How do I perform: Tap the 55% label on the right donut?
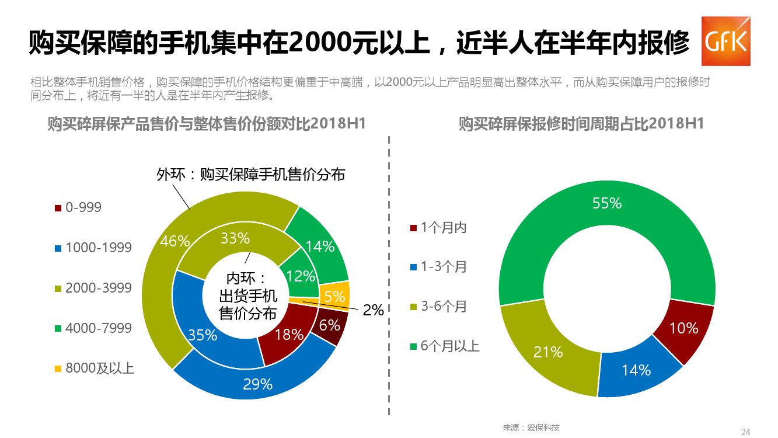point(607,203)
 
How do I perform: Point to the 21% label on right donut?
point(548,352)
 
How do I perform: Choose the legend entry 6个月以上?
point(444,346)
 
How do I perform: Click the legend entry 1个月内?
point(438,228)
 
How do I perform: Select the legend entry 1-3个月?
point(438,267)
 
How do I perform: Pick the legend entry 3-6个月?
point(438,307)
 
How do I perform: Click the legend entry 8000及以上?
point(94,368)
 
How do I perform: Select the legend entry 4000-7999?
point(93,328)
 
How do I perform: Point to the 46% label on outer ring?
point(175,241)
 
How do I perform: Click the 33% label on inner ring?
point(236,238)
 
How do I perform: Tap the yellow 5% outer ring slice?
point(336,295)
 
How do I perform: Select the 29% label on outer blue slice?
point(258,384)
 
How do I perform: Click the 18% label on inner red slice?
point(289,335)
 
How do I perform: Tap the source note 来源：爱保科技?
point(531,427)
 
